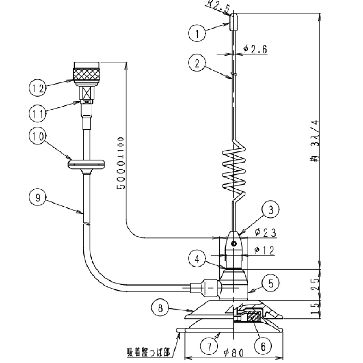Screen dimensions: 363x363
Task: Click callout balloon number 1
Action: pos(197,33)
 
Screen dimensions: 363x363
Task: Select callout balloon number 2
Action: pos(197,63)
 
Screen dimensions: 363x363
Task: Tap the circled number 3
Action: pos(271,210)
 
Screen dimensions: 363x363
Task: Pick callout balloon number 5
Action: pos(271,284)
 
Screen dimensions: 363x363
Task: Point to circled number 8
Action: pos(160,308)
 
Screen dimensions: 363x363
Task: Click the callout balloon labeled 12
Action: pos(38,88)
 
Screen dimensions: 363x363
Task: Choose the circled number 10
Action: pos(38,136)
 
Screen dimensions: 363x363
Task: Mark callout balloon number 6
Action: pos(263,346)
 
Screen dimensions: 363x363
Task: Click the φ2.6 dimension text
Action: pos(255,49)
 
